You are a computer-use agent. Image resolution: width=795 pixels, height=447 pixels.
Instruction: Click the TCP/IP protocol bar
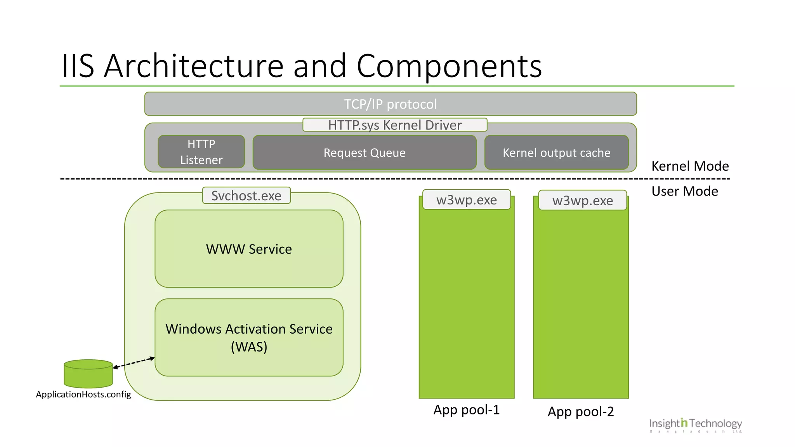tap(390, 104)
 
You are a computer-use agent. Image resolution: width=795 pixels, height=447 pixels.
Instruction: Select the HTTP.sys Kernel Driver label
tap(395, 125)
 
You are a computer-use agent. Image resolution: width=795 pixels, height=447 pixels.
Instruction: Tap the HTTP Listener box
tap(201, 152)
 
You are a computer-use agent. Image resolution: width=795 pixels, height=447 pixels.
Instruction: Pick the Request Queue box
tap(365, 152)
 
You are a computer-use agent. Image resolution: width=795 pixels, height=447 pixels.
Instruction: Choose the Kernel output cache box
tap(556, 152)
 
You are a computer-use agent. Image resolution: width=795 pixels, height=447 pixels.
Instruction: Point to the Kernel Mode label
tap(690, 166)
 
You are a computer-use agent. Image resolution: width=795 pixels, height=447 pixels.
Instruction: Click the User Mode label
tap(684, 191)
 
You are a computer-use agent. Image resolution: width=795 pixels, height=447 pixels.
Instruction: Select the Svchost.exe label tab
tap(246, 196)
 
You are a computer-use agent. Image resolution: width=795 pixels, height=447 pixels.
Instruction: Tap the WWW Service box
tap(249, 249)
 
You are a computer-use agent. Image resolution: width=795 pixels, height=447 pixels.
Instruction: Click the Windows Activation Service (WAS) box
tap(249, 337)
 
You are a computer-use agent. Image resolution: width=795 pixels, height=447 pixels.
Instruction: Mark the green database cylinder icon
tap(88, 374)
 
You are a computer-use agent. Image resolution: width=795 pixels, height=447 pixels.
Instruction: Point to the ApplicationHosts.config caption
tap(83, 394)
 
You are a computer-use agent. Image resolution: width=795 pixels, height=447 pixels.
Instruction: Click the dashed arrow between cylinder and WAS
tap(134, 362)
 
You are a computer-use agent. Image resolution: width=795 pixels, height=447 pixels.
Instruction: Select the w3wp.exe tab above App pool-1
tap(466, 200)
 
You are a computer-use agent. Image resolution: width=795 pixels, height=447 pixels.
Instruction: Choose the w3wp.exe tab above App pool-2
tap(582, 201)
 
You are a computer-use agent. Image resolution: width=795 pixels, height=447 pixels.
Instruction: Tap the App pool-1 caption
tap(466, 410)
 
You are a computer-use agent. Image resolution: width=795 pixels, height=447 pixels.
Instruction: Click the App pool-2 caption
tap(581, 411)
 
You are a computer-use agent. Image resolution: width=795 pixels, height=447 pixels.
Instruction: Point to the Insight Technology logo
tap(695, 424)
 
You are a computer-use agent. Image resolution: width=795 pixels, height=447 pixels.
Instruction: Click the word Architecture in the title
tap(194, 66)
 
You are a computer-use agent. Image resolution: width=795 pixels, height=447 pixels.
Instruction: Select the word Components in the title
tap(449, 66)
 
